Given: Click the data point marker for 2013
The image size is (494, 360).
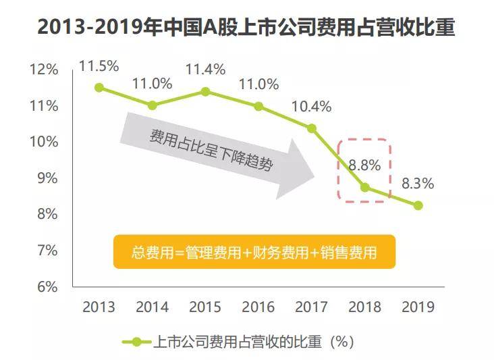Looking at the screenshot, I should (x=99, y=88).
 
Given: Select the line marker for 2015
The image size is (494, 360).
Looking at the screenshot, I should (x=206, y=91).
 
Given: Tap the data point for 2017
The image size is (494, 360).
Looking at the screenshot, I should (x=312, y=128).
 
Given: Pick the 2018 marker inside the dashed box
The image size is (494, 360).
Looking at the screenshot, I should (x=365, y=187).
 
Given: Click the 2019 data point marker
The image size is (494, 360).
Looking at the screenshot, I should (x=418, y=205).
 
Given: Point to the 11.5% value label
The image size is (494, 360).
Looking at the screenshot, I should (x=99, y=66).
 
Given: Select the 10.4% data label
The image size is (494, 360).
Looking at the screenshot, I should (x=312, y=106).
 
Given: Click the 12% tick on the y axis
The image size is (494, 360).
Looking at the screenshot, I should (x=44, y=70).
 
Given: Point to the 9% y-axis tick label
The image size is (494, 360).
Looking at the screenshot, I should (x=47, y=178).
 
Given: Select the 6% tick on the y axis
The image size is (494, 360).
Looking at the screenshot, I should (x=47, y=286).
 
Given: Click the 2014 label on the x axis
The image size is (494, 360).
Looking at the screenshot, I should (x=153, y=307).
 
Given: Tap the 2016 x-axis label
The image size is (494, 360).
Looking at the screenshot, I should (x=258, y=307).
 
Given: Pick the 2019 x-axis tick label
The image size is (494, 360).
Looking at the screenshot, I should (x=418, y=307).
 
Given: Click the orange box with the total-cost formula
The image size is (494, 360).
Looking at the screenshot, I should (x=254, y=253).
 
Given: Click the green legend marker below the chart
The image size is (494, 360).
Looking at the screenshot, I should (x=138, y=342).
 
